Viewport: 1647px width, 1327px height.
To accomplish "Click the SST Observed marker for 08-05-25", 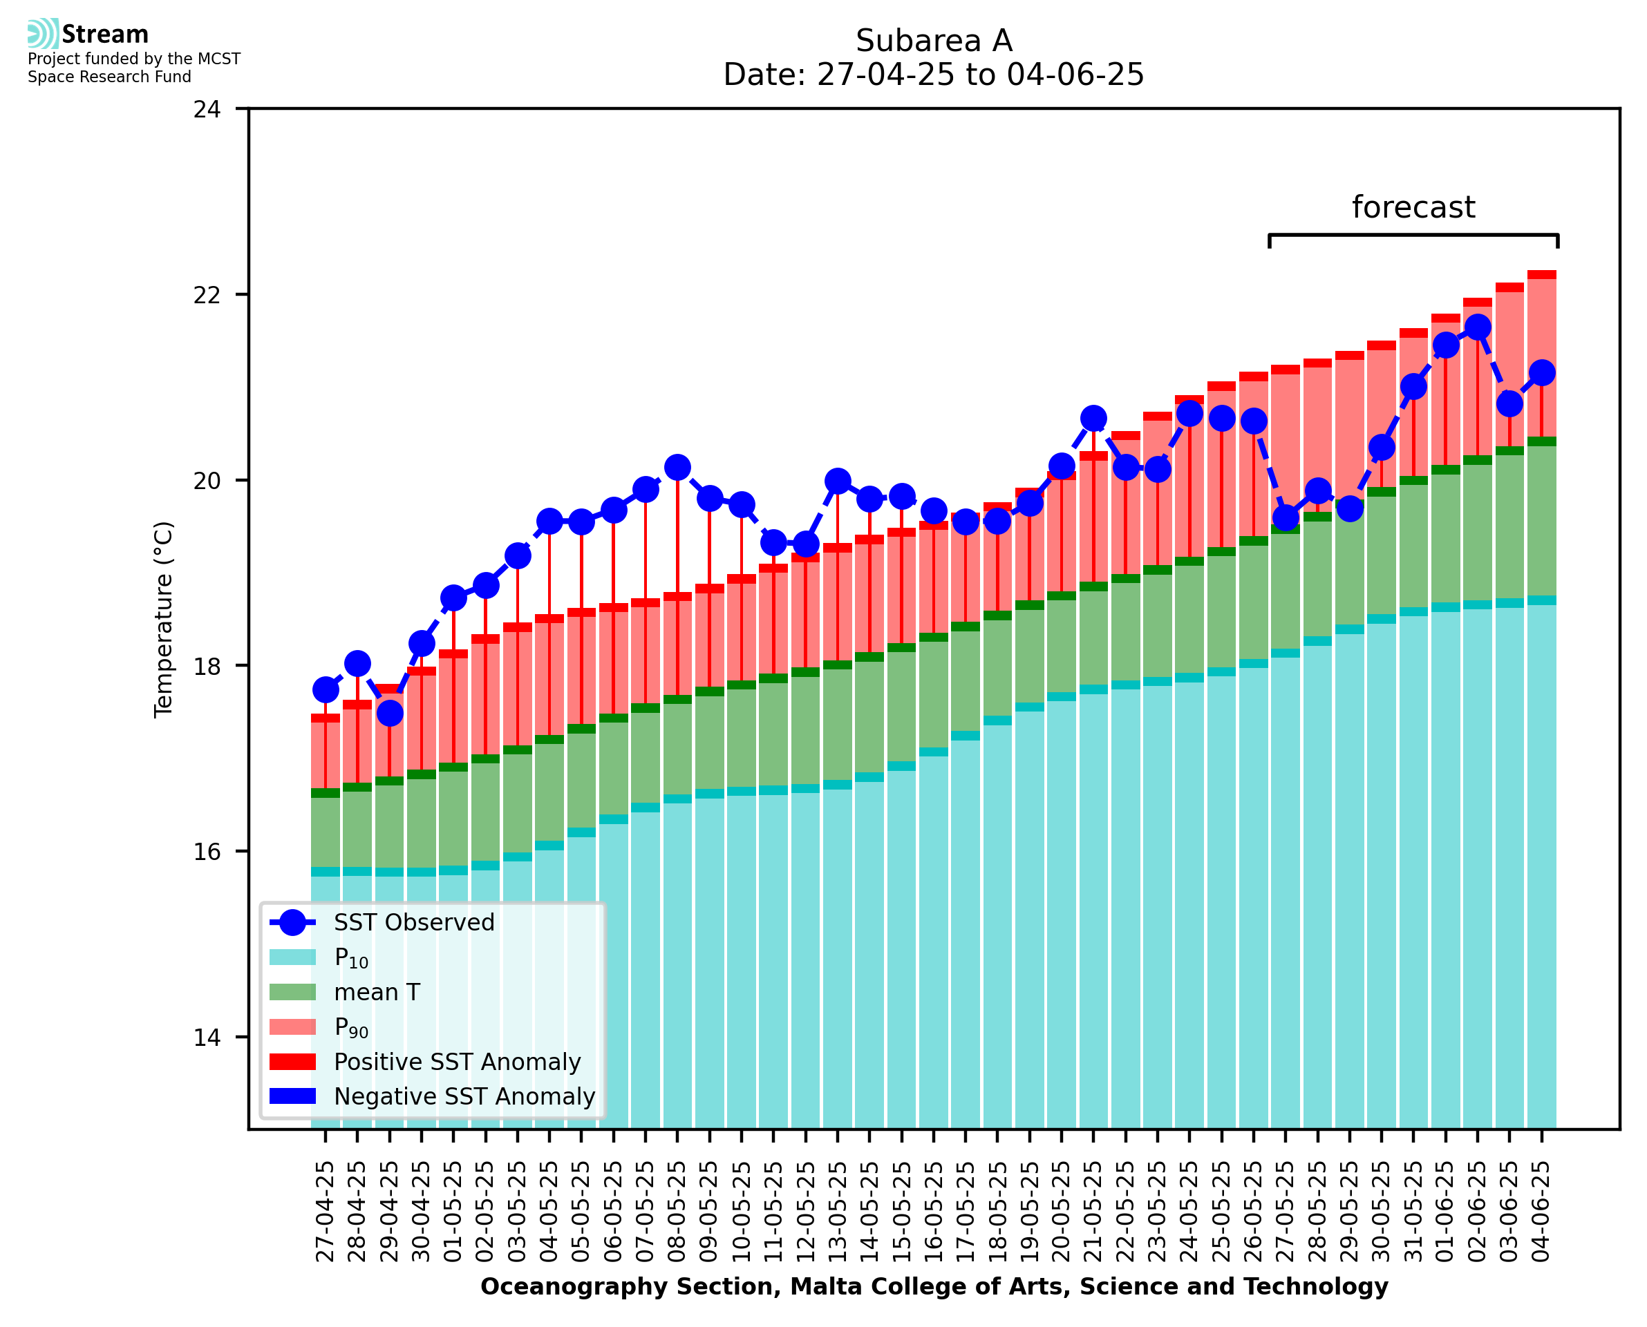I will click(677, 467).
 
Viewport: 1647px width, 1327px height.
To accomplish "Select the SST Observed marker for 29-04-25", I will click(390, 713).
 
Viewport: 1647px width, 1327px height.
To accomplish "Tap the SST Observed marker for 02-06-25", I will click(1477, 327).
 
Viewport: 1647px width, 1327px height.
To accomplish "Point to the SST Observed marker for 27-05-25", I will click(1286, 518).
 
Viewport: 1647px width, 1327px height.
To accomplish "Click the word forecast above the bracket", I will click(1413, 207).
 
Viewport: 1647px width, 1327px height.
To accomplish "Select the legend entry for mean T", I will click(376, 992).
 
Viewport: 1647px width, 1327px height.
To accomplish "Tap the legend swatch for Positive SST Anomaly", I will click(292, 1062).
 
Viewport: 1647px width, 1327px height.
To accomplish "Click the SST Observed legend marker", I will click(292, 923).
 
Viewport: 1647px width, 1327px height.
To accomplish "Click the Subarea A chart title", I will click(934, 41).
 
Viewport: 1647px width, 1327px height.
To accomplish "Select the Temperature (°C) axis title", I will click(164, 619).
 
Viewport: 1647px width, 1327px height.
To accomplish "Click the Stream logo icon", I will click(43, 34).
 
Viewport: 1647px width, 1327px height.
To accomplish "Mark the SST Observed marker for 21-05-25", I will click(1093, 419).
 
